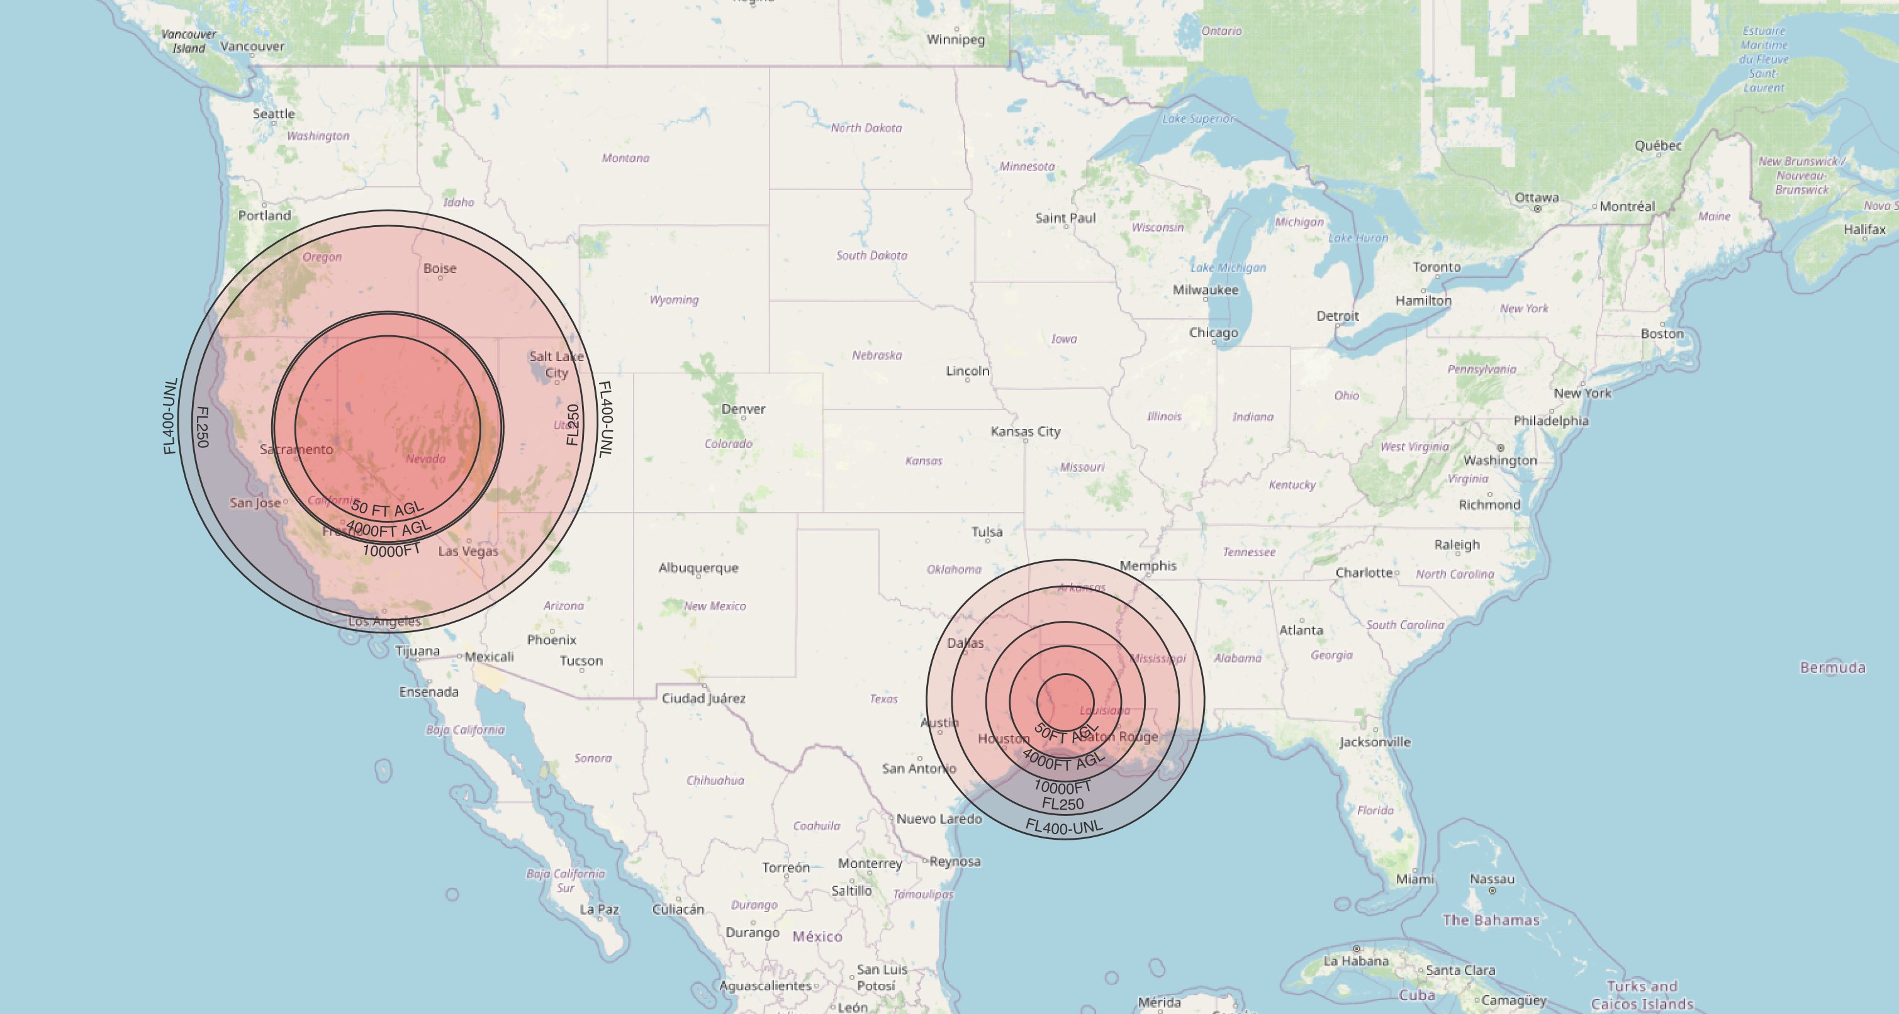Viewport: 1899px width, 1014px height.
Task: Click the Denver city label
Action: click(x=743, y=409)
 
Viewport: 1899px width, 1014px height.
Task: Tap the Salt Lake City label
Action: click(x=557, y=364)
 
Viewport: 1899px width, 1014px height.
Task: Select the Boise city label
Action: click(x=439, y=268)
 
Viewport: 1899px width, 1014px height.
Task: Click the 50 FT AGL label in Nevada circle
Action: click(x=387, y=508)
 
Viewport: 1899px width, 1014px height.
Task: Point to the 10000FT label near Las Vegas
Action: click(x=391, y=550)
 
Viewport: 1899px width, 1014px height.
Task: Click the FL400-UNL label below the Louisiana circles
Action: click(x=1064, y=827)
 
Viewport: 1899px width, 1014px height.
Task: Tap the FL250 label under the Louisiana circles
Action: click(x=1062, y=804)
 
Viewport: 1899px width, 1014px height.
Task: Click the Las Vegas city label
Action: click(x=468, y=551)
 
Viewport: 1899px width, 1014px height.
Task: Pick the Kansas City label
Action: click(x=1025, y=431)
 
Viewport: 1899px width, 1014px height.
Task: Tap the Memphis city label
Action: click(x=1148, y=565)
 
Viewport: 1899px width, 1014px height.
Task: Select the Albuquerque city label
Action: click(x=698, y=567)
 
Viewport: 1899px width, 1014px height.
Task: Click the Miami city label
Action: click(x=1414, y=879)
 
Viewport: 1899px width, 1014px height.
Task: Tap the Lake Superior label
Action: click(x=1197, y=119)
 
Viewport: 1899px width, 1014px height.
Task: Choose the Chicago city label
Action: click(x=1213, y=332)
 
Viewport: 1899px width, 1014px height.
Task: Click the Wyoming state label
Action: click(x=674, y=300)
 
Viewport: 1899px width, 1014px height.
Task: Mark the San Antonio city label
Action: click(x=919, y=769)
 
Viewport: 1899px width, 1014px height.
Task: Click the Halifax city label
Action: click(x=1864, y=229)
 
